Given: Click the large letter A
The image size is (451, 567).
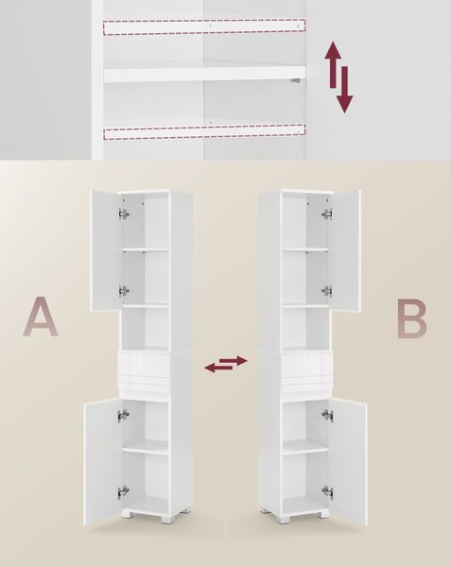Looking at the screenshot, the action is (41, 317).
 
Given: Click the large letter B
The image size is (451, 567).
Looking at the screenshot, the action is (411, 318).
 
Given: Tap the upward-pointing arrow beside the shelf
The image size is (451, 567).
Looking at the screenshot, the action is (333, 64).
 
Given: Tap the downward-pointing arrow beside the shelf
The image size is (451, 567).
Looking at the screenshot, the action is (345, 90).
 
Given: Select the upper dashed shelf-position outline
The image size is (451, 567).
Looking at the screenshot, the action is (204, 26).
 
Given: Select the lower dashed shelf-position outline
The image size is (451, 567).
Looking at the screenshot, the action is (204, 132).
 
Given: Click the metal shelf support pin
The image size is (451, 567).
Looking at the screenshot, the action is (296, 80).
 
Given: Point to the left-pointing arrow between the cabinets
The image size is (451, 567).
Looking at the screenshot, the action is (218, 368).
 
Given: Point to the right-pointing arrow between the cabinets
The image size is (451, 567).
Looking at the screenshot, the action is (234, 361).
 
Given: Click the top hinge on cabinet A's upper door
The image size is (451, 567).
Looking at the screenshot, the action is (124, 215).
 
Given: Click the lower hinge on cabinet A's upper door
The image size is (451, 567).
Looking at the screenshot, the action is (124, 290).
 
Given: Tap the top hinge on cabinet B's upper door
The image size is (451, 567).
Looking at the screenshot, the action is (327, 214).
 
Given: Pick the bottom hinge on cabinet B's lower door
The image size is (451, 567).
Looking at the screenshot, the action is (328, 491).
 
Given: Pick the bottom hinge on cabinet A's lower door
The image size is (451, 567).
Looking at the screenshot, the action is (123, 491).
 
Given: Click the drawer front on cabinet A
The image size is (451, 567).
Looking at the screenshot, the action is (144, 366).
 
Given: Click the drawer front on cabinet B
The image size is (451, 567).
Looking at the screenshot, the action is (306, 366).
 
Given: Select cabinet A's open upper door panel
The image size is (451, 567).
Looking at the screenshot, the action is (106, 250).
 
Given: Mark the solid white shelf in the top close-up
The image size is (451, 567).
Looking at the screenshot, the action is (205, 74).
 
